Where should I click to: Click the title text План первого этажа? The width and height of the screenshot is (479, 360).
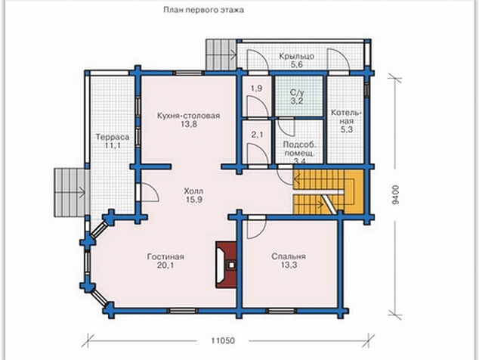pos(203,10)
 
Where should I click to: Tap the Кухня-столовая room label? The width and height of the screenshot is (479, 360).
pos(188,116)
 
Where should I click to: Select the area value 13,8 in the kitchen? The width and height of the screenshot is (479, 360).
pos(188,124)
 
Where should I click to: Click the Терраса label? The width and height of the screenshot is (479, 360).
pos(113,137)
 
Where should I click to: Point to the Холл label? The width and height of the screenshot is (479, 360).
pos(193,191)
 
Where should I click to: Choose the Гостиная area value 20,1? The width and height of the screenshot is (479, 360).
pos(165,265)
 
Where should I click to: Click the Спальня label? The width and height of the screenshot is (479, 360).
pos(289,256)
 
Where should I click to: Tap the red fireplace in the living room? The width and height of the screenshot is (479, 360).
pos(227,265)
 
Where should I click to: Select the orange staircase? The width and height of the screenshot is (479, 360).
pos(329,192)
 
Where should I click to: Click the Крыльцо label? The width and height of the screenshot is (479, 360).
pos(297,56)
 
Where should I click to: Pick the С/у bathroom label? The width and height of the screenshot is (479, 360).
pos(296,92)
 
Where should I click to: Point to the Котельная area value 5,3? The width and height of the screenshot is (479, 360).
pos(347,129)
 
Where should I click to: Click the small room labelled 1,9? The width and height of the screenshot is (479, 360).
pos(257,95)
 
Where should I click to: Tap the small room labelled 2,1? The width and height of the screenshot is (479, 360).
pos(257,142)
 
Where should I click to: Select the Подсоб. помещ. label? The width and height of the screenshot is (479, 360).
pos(299,149)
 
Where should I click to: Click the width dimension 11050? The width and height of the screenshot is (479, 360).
pos(224,340)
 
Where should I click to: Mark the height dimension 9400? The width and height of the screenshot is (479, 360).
pos(396,195)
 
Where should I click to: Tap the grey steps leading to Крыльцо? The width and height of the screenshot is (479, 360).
pos(221,54)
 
